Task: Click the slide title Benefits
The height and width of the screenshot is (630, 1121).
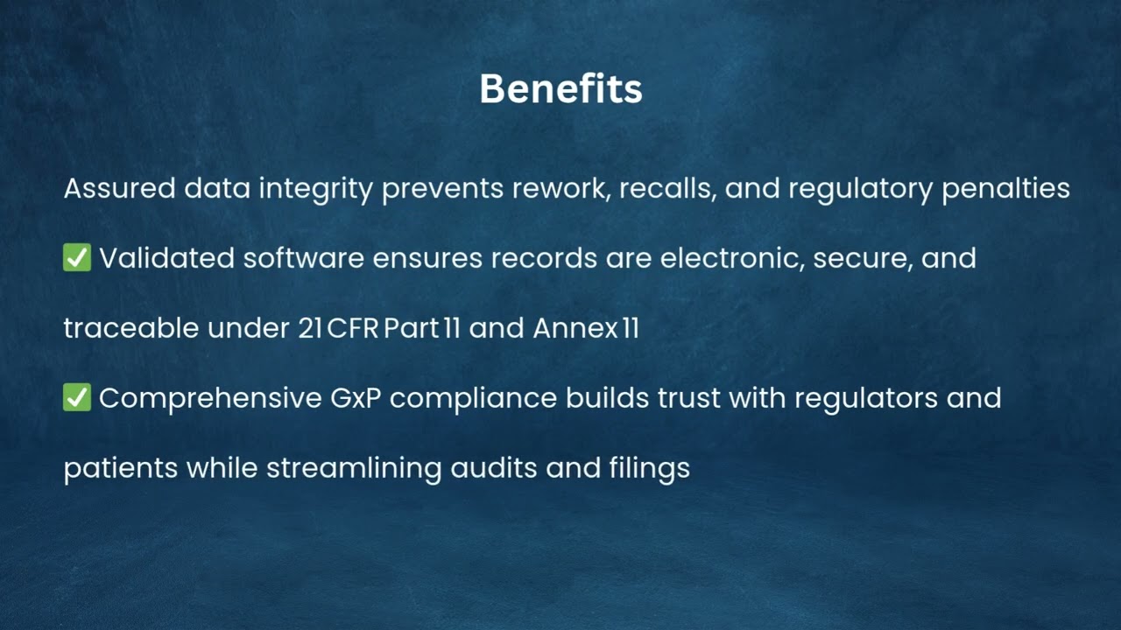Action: (x=560, y=89)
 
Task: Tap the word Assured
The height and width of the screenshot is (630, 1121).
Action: (x=119, y=188)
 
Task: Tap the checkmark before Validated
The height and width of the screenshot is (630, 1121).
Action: (x=77, y=258)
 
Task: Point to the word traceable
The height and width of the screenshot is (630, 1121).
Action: (x=131, y=328)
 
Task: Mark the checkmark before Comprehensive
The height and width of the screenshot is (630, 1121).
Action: (x=77, y=398)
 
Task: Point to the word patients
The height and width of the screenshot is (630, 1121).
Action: (x=121, y=469)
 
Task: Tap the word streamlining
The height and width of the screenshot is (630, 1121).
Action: (x=354, y=469)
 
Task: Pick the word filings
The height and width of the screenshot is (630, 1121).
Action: (x=649, y=469)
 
